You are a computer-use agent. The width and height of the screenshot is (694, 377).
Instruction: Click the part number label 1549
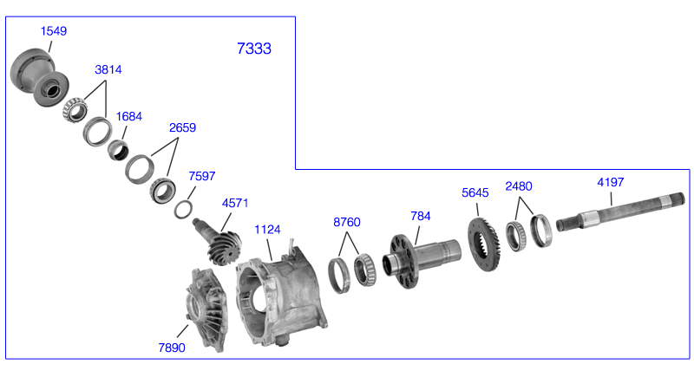pyautogui.click(x=54, y=31)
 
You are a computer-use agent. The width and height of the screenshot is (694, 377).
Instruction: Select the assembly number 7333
pyautogui.click(x=254, y=49)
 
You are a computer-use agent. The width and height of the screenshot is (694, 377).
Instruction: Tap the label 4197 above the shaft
pyautogui.click(x=611, y=182)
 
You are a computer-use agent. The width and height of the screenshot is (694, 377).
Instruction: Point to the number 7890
pyautogui.click(x=172, y=348)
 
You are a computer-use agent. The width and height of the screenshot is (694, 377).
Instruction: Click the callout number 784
pyautogui.click(x=421, y=216)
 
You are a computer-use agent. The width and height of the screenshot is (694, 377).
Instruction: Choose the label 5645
pyautogui.click(x=475, y=192)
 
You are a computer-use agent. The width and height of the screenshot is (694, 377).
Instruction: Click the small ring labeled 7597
pyautogui.click(x=183, y=210)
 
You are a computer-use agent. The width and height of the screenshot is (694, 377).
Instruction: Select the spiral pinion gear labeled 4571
pyautogui.click(x=219, y=242)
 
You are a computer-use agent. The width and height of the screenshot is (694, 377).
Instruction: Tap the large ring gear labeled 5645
pyautogui.click(x=484, y=244)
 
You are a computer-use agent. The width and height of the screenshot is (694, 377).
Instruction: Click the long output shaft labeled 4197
pyautogui.click(x=620, y=211)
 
